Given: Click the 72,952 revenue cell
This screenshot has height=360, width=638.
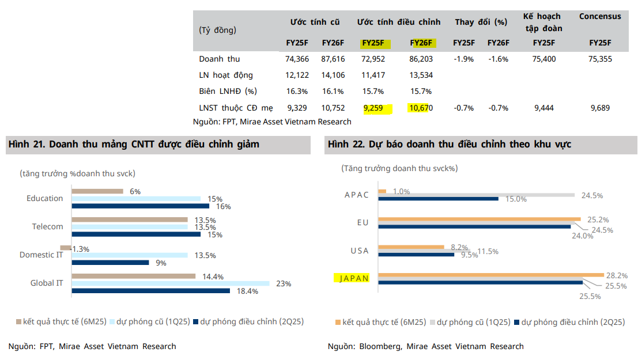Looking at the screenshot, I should [373, 59].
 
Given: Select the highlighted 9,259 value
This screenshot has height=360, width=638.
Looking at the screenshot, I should [373, 108].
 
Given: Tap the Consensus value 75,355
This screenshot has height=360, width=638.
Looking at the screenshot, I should [600, 59].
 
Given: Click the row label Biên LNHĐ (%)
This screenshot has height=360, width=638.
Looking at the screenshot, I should [228, 91].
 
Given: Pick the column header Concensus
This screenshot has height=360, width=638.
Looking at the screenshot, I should [600, 16].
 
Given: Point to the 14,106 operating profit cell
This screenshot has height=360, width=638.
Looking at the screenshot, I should [333, 75].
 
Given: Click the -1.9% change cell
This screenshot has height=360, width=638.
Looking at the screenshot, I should [463, 59].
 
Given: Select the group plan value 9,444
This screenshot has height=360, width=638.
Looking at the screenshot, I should [543, 108].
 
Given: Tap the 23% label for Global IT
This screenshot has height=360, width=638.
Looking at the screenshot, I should [284, 283].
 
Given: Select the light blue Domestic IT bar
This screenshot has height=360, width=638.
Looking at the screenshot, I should [130, 255].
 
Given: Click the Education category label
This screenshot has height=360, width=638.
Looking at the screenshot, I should [44, 198].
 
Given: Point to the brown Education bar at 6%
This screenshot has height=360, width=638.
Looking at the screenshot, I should [97, 191].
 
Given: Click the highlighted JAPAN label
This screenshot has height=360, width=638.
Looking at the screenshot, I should [352, 278].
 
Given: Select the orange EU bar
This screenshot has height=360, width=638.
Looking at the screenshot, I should [479, 219].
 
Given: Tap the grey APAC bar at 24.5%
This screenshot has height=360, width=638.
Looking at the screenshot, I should [476, 195].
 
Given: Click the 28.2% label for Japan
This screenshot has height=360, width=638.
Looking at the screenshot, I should [616, 275].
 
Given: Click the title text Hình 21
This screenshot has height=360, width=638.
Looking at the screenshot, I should [27, 145].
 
